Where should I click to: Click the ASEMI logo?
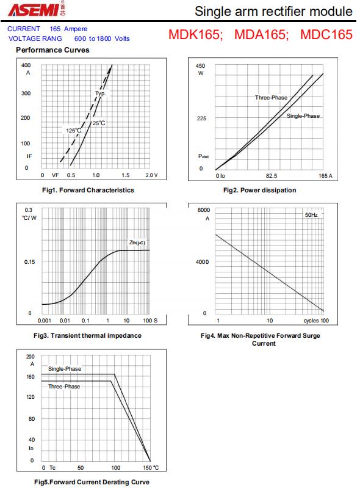pos(37,9)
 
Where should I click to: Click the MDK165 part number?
pos(195,35)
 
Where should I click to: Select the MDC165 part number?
pos(326,35)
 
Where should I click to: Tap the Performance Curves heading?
pos(52,50)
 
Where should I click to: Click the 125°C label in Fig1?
pos(73,131)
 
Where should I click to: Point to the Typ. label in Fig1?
pos(101,93)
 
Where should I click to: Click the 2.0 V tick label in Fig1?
pos(151,175)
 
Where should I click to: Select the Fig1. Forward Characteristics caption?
pos(88,190)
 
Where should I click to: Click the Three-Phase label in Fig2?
pos(271,97)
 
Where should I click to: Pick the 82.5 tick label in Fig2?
pos(272,176)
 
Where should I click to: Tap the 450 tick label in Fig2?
pos(200,66)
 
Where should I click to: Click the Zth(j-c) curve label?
pos(137,242)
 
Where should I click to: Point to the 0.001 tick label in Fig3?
pos(44,321)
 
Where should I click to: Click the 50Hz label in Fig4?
pos(311,215)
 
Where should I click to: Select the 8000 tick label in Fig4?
pos(204,210)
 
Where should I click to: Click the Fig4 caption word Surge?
pos(310,335)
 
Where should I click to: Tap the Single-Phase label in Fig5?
pos(65,369)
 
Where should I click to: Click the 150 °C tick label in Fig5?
pos(151,468)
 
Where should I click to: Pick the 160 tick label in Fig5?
pos(31,377)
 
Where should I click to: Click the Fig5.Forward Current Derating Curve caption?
pos(92,482)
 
